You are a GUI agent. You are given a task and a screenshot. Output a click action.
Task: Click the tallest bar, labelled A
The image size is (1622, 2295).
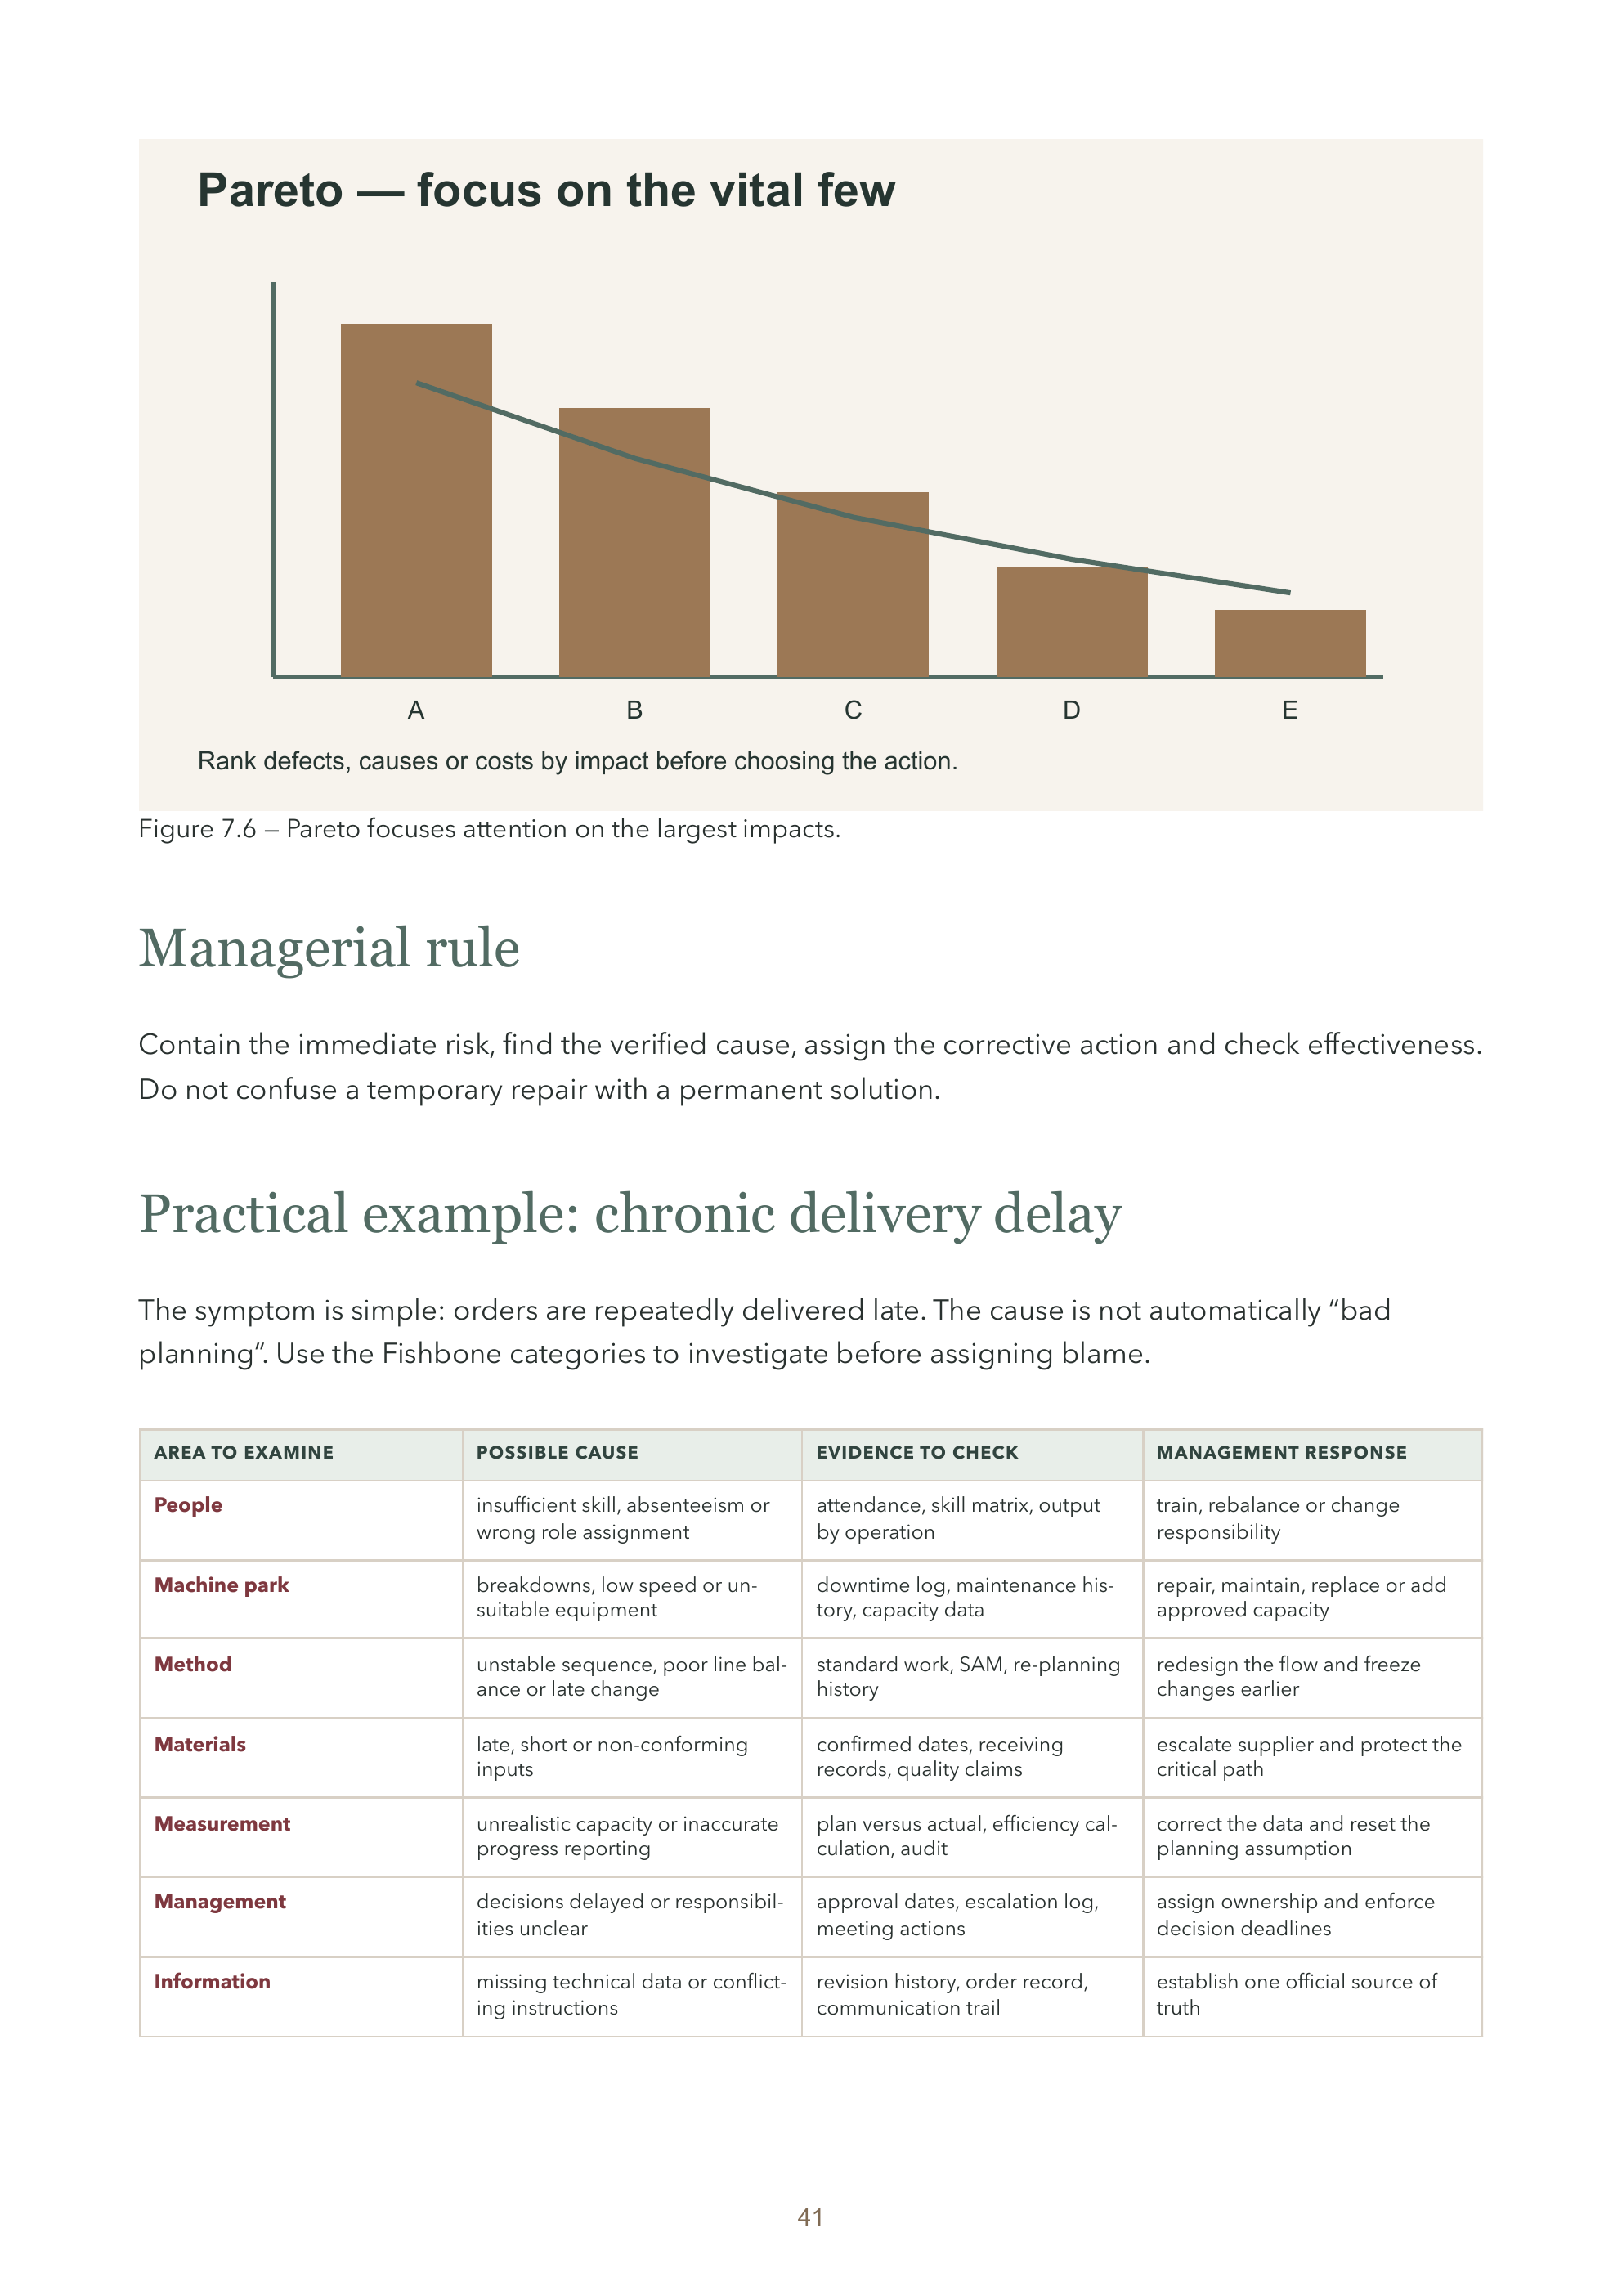[x=416, y=500]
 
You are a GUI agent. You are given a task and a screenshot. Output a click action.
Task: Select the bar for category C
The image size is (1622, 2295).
[x=853, y=584]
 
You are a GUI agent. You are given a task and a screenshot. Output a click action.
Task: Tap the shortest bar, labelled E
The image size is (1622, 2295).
[x=1289, y=643]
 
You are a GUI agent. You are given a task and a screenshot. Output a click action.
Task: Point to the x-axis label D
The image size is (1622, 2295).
[x=1071, y=710]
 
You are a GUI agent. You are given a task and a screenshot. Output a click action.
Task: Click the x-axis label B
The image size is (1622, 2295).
[x=634, y=710]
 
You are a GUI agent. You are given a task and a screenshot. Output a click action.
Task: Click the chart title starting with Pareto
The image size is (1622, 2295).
[x=547, y=190]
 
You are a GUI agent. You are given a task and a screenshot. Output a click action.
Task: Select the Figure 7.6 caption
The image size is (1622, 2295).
[x=490, y=829]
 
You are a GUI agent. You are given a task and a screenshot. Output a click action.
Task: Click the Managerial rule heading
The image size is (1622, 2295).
[x=329, y=948]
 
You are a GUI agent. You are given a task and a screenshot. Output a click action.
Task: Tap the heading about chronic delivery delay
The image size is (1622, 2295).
[x=630, y=1213]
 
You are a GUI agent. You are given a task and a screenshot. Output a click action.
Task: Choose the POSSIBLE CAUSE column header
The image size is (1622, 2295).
[x=557, y=1452]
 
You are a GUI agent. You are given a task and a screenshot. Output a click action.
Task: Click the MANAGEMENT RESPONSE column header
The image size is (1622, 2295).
[x=1281, y=1452]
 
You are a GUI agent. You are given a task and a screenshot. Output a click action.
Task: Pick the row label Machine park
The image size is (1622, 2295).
[x=221, y=1585]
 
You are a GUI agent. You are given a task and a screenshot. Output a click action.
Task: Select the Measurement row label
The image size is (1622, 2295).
[x=222, y=1823]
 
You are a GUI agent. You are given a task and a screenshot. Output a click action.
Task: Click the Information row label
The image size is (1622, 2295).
[x=212, y=1981]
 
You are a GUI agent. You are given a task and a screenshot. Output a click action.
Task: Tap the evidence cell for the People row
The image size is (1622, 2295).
[x=958, y=1518]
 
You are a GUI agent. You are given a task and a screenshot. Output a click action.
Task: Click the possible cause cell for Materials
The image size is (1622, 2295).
[x=612, y=1756]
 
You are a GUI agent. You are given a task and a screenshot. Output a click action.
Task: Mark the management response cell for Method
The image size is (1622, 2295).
[x=1288, y=1676]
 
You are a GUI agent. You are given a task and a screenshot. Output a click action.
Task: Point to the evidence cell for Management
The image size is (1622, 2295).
[x=957, y=1915]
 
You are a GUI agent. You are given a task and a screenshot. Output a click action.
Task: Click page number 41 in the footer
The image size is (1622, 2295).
[x=810, y=2217]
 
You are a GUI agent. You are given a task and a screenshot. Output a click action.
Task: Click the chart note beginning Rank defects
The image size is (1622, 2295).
[x=578, y=762]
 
